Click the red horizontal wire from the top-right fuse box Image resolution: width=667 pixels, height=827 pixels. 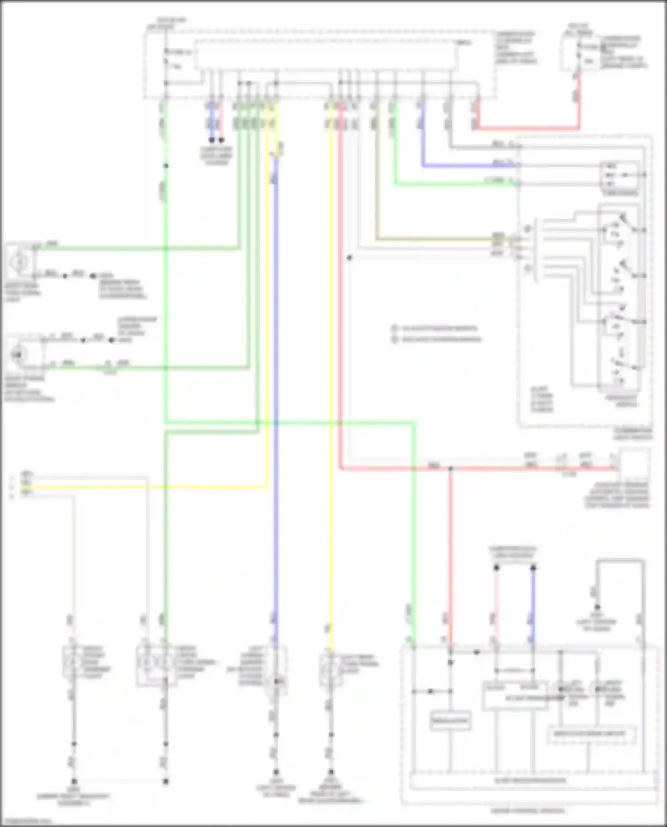point(525,129)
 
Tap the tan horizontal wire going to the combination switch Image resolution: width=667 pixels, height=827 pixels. point(436,240)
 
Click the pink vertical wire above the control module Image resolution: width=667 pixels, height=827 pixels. point(496,604)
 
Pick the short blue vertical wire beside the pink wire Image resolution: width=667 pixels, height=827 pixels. point(533,604)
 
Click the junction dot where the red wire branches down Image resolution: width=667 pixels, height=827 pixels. point(450,468)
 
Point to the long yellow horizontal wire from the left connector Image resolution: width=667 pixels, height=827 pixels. point(147,487)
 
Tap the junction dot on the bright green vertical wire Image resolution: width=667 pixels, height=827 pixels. point(165,166)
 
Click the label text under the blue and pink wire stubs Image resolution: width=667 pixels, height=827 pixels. point(216,156)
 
